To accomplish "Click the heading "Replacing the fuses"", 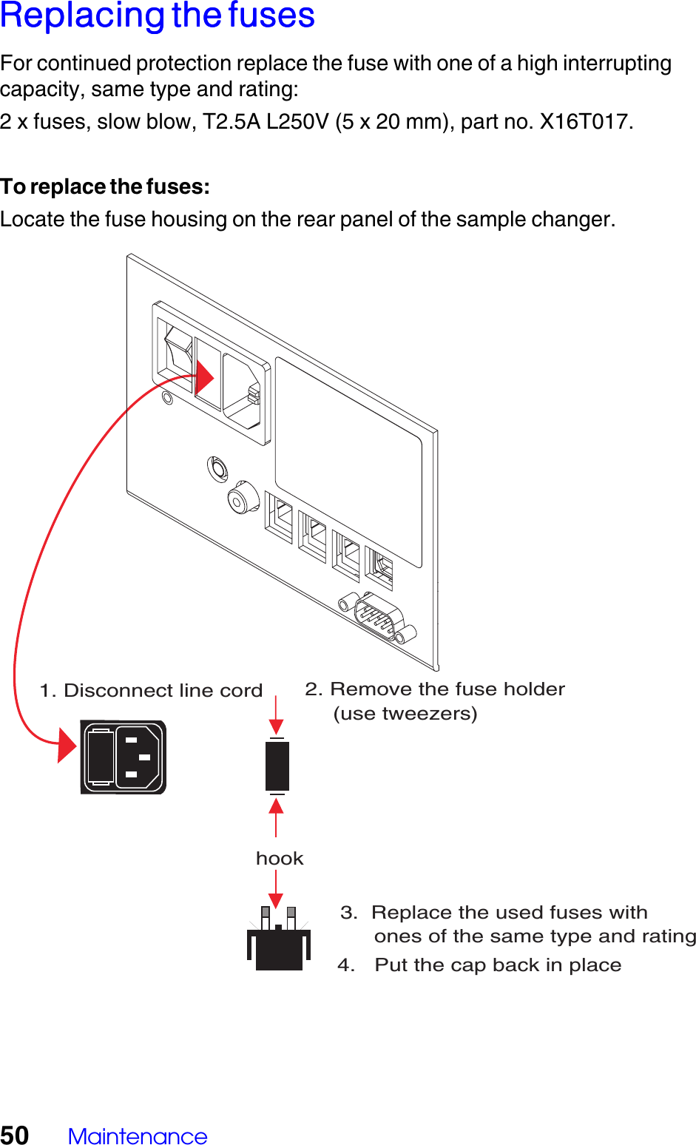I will [x=158, y=16].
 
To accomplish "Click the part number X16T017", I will [x=585, y=121].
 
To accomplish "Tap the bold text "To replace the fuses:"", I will [x=105, y=186].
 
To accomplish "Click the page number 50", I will [x=15, y=1135].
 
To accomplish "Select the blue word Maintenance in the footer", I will [x=138, y=1136].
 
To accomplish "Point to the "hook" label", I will [x=280, y=858].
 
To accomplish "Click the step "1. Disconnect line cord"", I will [x=151, y=690].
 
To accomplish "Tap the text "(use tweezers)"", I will [x=405, y=714].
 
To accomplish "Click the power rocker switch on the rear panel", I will [x=178, y=354].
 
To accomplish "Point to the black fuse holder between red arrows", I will [x=277, y=766].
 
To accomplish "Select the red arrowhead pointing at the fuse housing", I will [x=204, y=378].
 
